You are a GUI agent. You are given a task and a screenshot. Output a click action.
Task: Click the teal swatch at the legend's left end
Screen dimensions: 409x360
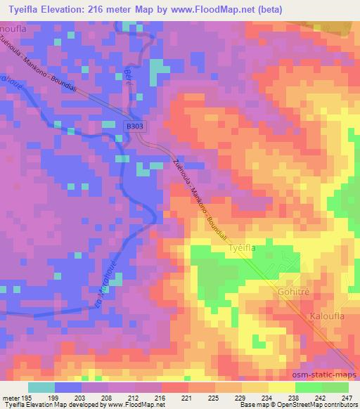coord(42,387)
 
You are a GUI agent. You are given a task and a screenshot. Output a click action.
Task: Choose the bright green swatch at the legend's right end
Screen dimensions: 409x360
coord(335,387)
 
